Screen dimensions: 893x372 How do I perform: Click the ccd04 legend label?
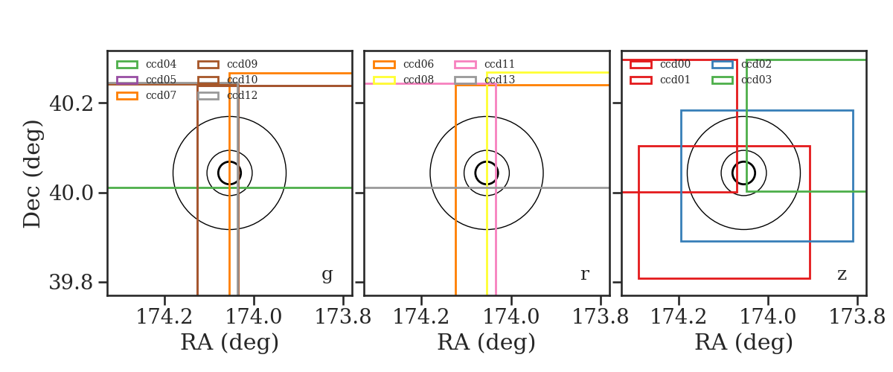[x=161, y=64]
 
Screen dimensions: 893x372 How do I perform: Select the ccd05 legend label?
[x=161, y=80]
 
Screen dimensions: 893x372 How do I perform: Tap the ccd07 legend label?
[x=161, y=95]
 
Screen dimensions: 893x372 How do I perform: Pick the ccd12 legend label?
[x=243, y=95]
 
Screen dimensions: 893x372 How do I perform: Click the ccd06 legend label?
[x=418, y=64]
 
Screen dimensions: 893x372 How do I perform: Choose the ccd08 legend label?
[x=418, y=80]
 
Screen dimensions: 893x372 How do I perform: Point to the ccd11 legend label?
[x=499, y=64]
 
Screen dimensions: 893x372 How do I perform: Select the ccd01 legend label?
[x=676, y=80]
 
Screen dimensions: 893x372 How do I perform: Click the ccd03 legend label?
[x=757, y=80]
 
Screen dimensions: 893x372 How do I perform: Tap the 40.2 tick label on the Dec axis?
[x=71, y=103]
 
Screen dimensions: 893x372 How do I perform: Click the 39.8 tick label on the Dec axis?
[x=71, y=283]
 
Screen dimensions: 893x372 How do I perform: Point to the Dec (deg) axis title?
[x=32, y=174]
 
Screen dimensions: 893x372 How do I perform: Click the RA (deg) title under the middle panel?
[x=487, y=343]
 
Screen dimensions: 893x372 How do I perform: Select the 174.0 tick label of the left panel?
[x=254, y=317]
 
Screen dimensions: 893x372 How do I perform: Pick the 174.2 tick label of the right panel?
[x=679, y=317]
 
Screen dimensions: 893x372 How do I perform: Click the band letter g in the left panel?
[x=327, y=275]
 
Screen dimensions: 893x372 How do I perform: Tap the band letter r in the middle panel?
[x=584, y=274]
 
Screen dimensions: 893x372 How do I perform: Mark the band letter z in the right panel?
[x=842, y=275]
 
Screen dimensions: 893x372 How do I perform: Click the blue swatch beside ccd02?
[x=723, y=65]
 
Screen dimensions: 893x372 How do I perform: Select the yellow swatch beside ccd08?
[x=384, y=80]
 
